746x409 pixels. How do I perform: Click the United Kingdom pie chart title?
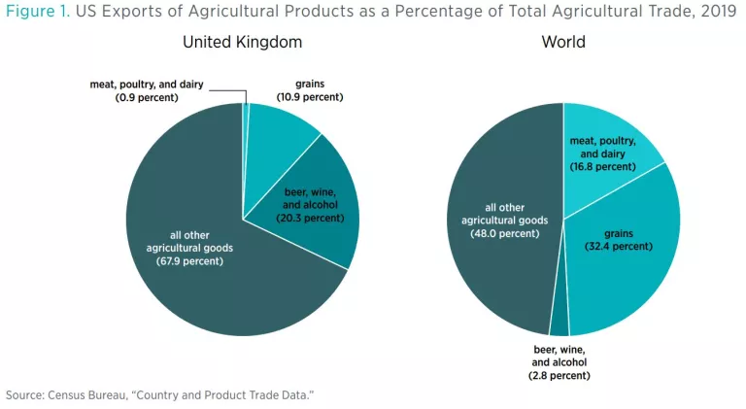coord(242,43)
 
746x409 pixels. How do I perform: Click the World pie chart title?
coord(562,43)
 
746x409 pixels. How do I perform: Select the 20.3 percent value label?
coord(309,218)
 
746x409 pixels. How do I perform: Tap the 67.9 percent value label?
coord(178,261)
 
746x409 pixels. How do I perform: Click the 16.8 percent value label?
coord(603,166)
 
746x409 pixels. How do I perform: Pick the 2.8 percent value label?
coord(559,374)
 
